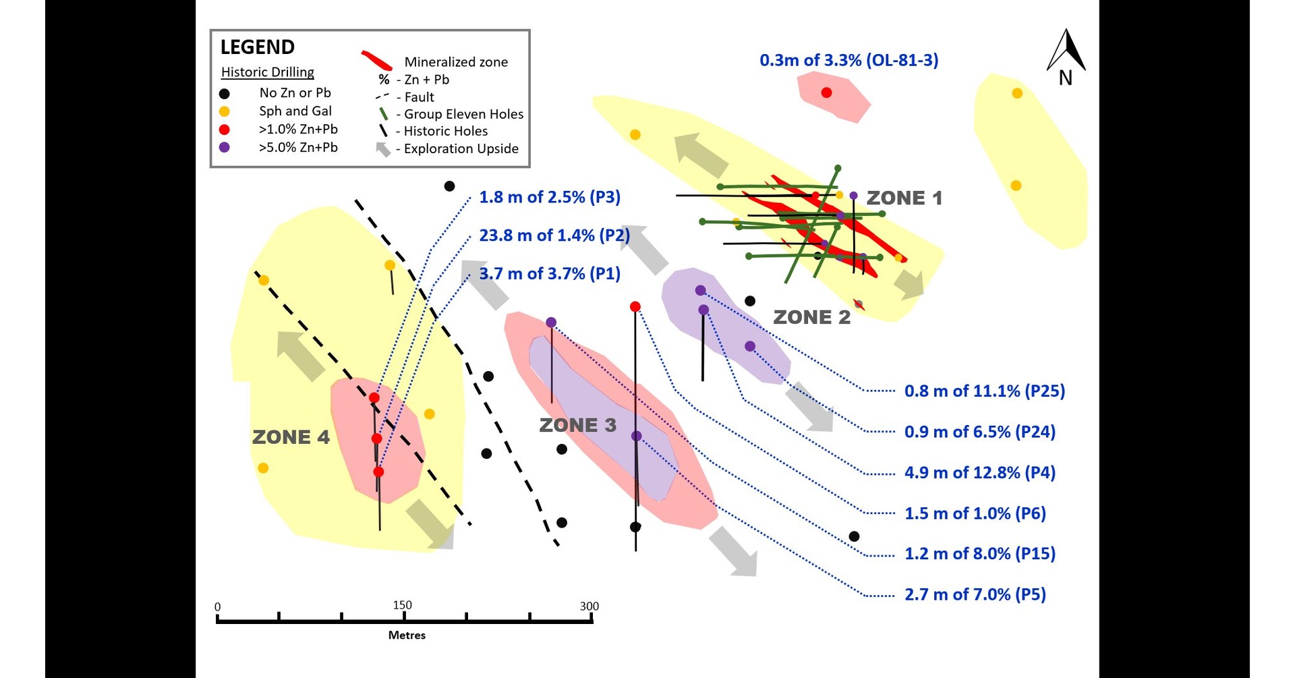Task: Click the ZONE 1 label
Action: [x=904, y=198]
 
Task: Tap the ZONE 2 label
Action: [x=811, y=317]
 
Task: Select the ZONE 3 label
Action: [x=577, y=425]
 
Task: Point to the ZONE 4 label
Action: [x=291, y=437]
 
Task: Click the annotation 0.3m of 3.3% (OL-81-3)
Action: [x=848, y=60]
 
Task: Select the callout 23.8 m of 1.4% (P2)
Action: [x=554, y=235]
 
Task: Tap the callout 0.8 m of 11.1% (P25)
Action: [x=984, y=391]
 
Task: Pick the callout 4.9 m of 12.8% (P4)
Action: [x=979, y=473]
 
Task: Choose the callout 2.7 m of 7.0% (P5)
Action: [x=975, y=595]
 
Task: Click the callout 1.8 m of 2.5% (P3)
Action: [x=549, y=197]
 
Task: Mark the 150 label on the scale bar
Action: [x=402, y=605]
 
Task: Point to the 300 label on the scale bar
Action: [x=589, y=606]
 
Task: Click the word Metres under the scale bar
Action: [x=407, y=635]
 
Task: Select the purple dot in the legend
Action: [x=225, y=147]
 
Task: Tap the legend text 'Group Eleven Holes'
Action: [x=463, y=114]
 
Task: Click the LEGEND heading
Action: [x=257, y=47]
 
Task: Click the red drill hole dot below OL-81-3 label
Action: [x=826, y=92]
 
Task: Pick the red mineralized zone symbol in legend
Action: [x=376, y=61]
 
